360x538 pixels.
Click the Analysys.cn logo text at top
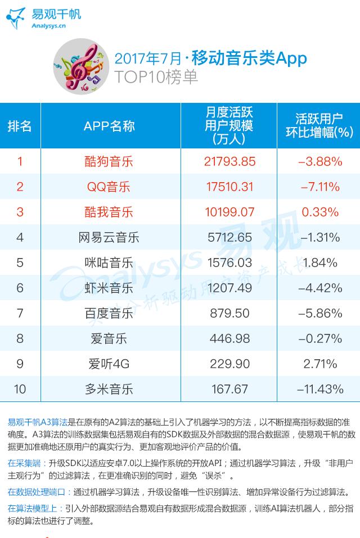point(49,25)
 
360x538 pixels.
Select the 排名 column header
point(20,126)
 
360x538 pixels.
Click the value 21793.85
point(229,161)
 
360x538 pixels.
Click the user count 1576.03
point(229,263)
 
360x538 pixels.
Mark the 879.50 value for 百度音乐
point(229,313)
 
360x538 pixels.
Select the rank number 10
point(20,389)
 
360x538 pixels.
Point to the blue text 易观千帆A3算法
point(38,421)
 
